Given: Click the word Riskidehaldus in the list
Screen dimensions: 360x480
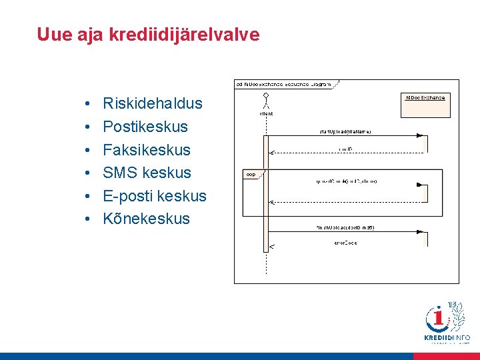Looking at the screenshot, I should pyautogui.click(x=153, y=104).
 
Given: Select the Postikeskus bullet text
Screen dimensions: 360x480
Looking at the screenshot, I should pyautogui.click(x=145, y=127).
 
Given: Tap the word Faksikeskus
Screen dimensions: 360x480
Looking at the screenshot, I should pyautogui.click(x=147, y=150).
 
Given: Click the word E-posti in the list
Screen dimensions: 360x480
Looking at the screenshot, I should pyautogui.click(x=127, y=196).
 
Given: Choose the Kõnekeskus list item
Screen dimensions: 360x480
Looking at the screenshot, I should pyautogui.click(x=146, y=219).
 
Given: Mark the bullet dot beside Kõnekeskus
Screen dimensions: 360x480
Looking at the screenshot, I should pyautogui.click(x=87, y=219).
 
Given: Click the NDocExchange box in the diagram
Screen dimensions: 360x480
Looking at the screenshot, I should pyautogui.click(x=425, y=105).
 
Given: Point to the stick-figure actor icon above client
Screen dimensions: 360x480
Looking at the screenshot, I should pyautogui.click(x=266, y=101).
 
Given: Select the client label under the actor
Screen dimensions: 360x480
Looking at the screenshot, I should pyautogui.click(x=266, y=114).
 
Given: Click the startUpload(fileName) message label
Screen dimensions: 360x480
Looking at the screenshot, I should pyautogui.click(x=345, y=131).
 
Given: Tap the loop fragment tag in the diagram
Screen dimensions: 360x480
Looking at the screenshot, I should pyautogui.click(x=251, y=174).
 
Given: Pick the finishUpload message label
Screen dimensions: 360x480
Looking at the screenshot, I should pyautogui.click(x=345, y=228).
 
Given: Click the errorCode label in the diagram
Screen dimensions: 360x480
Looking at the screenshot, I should pyautogui.click(x=345, y=243).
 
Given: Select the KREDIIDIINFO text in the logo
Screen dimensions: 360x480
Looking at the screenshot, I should pyautogui.click(x=447, y=338).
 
